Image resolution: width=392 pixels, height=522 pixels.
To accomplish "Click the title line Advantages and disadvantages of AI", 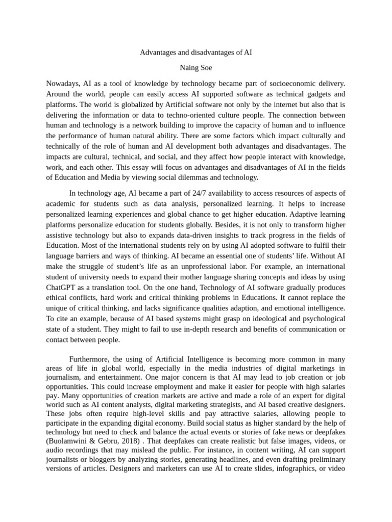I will pyautogui.click(x=195, y=53).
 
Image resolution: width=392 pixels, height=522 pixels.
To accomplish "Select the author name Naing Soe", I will pyautogui.click(x=195, y=67).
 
